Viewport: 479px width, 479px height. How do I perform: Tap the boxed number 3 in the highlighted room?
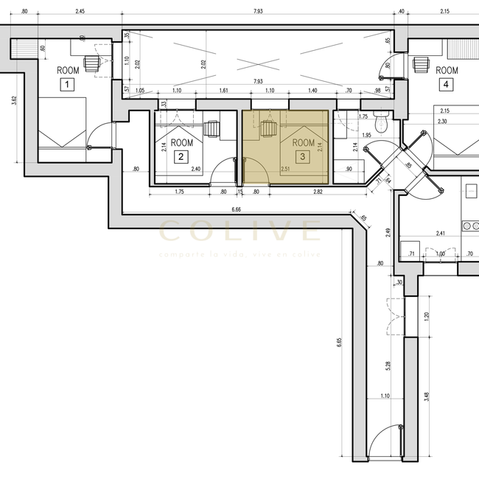(302, 156)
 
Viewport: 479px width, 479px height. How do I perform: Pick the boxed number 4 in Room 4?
(446, 85)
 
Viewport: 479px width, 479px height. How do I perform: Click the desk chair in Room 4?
(421, 64)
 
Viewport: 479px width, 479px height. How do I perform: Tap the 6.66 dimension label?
(236, 210)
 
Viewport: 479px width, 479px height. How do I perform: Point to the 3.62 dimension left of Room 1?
(14, 99)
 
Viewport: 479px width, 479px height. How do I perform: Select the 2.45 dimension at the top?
(80, 11)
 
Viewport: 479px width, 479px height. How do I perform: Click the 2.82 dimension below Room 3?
(318, 192)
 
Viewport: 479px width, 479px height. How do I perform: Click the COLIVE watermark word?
(239, 231)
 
